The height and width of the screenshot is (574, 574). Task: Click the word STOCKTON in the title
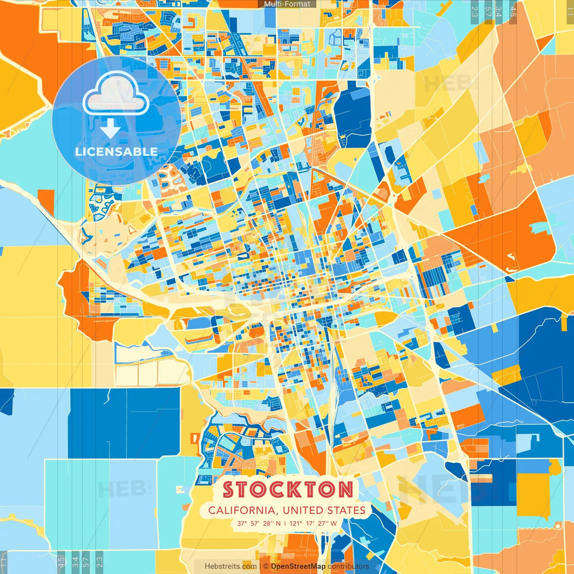(288, 489)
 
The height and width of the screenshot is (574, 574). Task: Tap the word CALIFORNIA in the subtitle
(242, 510)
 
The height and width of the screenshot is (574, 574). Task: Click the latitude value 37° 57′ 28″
(255, 523)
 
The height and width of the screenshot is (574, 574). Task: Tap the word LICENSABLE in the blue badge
(116, 152)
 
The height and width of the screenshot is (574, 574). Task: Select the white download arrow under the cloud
(110, 129)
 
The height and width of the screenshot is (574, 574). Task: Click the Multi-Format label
(287, 4)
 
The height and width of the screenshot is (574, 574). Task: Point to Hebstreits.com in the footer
(230, 566)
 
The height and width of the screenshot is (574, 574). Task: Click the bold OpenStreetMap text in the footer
(298, 566)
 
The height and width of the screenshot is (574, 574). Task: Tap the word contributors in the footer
(348, 566)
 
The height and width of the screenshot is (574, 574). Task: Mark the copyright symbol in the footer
(266, 566)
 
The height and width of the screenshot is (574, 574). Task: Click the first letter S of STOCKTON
(229, 489)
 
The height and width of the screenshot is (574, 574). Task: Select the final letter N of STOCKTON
(346, 489)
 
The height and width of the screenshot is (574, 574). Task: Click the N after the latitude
(278, 523)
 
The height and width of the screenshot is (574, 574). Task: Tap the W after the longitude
(333, 523)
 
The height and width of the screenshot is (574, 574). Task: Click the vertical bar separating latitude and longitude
(284, 523)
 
